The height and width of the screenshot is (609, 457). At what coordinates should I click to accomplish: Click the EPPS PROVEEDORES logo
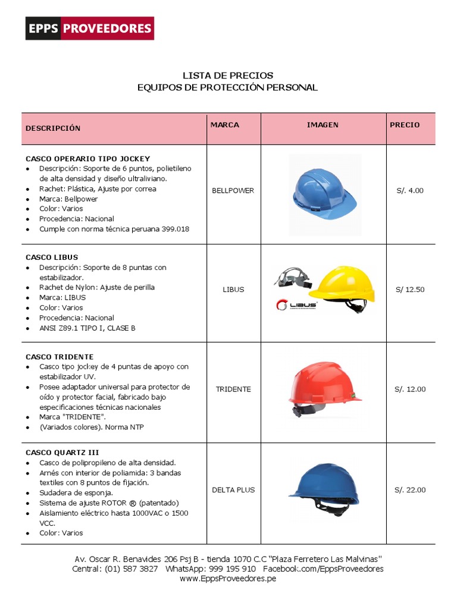tap(89, 29)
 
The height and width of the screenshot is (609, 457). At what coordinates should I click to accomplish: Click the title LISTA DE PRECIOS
tap(228, 76)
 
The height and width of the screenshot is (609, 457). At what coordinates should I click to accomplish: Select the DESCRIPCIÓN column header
tap(53, 128)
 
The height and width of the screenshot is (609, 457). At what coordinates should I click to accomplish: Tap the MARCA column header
tap(225, 125)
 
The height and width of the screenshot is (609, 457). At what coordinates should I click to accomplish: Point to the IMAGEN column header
tap(323, 125)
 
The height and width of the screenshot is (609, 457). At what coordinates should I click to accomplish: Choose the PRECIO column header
tap(405, 125)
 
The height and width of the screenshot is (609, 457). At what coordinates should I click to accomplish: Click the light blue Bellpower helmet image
tap(325, 194)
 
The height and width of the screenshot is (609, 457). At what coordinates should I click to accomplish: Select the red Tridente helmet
tap(324, 390)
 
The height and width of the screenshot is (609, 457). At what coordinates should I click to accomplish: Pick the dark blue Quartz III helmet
tap(324, 489)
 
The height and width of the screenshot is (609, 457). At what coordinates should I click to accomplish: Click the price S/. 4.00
tap(410, 191)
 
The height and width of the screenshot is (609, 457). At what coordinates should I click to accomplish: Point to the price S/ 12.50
tap(410, 290)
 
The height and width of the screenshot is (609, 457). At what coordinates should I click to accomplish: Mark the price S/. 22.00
tap(410, 490)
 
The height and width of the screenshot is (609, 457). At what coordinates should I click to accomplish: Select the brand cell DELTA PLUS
tap(233, 490)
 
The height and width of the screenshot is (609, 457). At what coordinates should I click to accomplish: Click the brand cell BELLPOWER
tap(233, 191)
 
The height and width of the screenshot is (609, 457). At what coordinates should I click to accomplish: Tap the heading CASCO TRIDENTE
tap(60, 357)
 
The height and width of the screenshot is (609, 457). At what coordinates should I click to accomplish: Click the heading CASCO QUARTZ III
tap(62, 453)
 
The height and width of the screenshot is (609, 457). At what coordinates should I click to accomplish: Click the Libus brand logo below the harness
tap(296, 305)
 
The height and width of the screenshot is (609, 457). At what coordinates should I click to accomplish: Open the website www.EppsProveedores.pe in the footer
tap(228, 579)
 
